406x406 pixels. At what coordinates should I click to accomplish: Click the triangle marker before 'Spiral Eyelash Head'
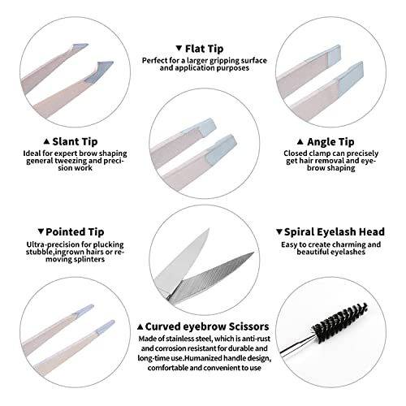click(279, 231)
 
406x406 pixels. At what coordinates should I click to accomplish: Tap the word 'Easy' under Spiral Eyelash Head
click(292, 244)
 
